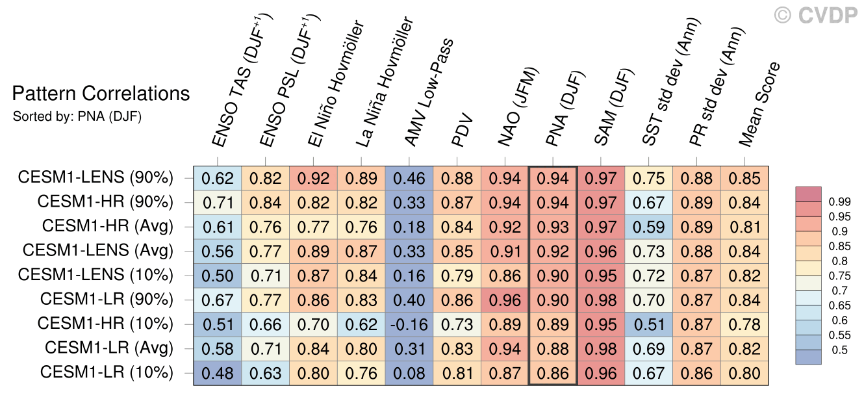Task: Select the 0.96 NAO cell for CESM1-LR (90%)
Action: [x=505, y=300]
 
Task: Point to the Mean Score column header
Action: [x=760, y=104]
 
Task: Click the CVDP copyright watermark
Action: [x=816, y=15]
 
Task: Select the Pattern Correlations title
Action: [x=101, y=94]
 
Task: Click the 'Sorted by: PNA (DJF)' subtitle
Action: [x=77, y=117]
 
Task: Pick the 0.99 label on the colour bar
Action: [x=839, y=202]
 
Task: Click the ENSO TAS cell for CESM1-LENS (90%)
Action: [x=217, y=178]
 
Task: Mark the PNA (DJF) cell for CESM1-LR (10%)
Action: [x=553, y=374]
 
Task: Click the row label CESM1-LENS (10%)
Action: [x=95, y=276]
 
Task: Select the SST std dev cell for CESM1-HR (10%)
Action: [x=649, y=325]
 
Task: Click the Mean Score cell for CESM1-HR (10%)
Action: [x=745, y=325]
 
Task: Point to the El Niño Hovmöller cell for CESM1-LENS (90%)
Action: [x=313, y=178]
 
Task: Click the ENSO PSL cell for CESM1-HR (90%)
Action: [x=265, y=203]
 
